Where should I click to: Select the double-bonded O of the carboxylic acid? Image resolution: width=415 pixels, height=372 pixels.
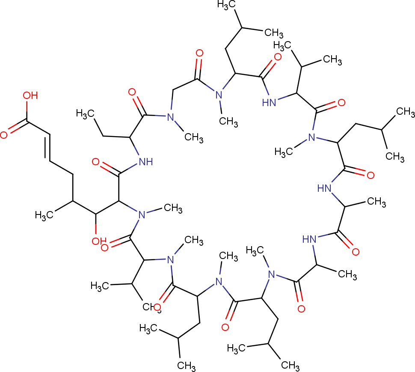pos(4,135)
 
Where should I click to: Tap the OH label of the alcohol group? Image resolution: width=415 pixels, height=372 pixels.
pos(98,241)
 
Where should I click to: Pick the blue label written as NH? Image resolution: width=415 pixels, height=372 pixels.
pos(143,161)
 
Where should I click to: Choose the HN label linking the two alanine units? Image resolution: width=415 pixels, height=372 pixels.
pos(311,239)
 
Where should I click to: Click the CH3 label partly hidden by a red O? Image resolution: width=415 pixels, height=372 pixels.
pos(148,307)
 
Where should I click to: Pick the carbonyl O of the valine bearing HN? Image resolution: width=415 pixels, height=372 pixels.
pos(341,103)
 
